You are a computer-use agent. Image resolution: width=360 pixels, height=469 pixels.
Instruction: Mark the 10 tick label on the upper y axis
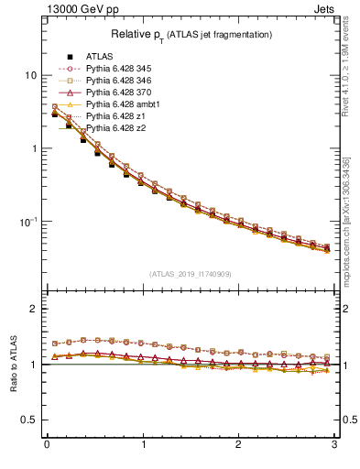31,75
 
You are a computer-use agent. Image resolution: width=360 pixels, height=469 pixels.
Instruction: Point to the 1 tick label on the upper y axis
34,148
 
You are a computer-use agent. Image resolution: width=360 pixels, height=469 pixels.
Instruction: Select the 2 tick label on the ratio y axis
34,309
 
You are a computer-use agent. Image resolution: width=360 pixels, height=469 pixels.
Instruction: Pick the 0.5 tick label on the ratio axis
30,420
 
